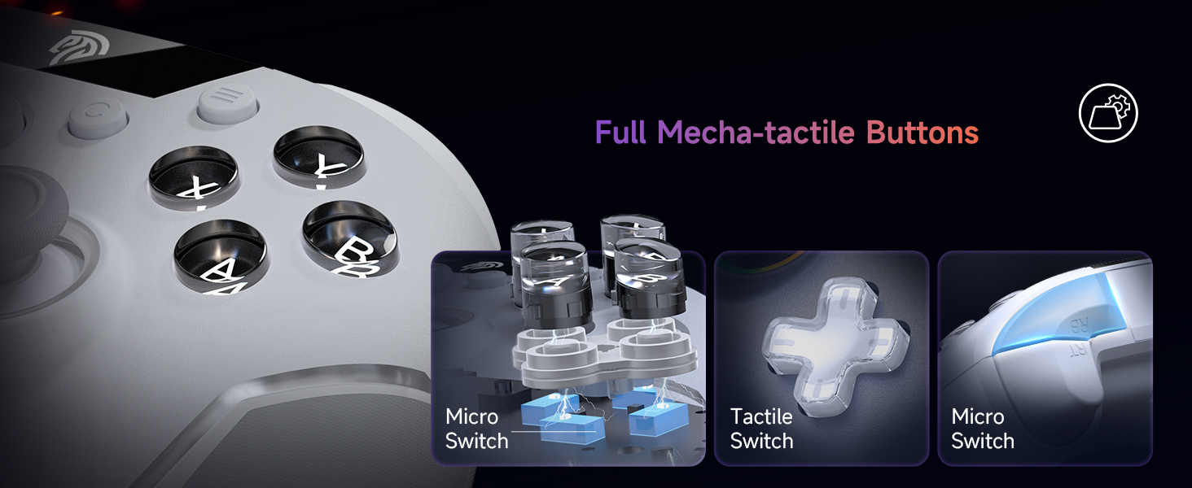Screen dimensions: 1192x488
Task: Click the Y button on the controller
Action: coord(319,157)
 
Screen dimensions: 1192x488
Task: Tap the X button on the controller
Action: coord(193,176)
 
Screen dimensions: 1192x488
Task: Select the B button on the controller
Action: coord(350,238)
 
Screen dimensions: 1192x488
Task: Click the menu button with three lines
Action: coord(228,103)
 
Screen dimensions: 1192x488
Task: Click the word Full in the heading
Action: coord(620,132)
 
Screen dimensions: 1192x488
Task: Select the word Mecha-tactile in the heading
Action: coord(756,132)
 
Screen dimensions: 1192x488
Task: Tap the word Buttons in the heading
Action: coord(922,132)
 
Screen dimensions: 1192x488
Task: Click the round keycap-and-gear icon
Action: coord(1108,113)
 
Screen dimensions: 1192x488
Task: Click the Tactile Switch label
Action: coord(761,429)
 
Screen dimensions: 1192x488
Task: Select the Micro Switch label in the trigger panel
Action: coord(982,429)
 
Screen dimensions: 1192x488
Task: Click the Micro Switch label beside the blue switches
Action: coord(476,429)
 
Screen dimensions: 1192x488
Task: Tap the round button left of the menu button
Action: coord(98,118)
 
